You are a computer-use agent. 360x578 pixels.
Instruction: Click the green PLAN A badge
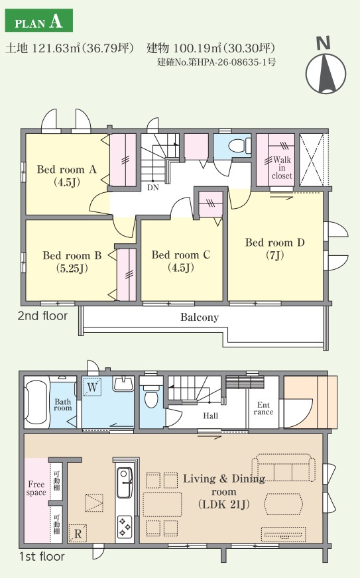coord(38,21)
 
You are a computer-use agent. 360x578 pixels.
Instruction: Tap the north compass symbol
coord(326,68)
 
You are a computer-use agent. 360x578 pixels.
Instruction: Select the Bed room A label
coord(67,176)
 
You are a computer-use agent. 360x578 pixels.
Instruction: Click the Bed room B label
coord(72,262)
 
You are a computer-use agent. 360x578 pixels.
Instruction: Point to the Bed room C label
coord(181,261)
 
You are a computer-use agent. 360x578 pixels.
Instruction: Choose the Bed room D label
coord(274,249)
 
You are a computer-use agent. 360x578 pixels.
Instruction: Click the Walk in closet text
coord(282,168)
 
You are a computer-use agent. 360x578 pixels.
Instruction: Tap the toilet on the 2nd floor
coord(240,145)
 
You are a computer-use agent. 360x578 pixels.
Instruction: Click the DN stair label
coord(153,188)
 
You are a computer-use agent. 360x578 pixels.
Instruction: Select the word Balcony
coord(200,318)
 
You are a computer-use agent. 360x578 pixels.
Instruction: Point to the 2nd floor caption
coord(43,316)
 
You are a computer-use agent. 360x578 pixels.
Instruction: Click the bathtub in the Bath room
coord(36,402)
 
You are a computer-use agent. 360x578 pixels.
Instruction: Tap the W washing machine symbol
coord(92,387)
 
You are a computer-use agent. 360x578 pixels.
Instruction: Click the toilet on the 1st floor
coord(151,394)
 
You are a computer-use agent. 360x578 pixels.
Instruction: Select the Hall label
coord(211,416)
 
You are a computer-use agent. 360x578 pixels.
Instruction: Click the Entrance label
coord(263,408)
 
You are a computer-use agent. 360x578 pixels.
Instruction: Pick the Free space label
coord(36,489)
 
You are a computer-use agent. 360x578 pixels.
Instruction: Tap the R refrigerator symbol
coord(78,534)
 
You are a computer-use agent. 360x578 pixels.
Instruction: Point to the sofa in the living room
coord(284,468)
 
